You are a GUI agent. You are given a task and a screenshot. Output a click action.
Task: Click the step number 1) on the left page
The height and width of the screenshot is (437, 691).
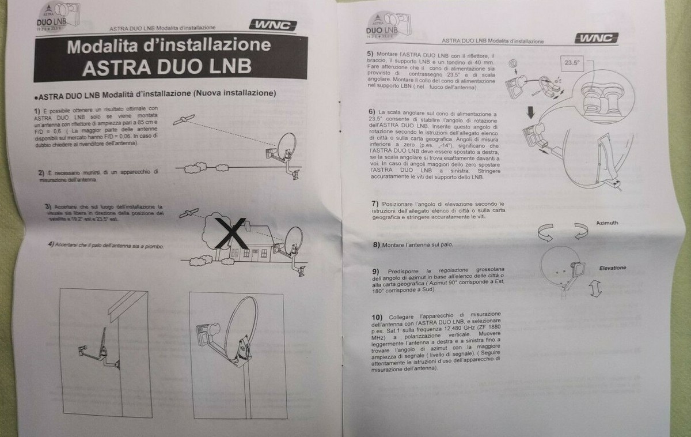(37, 109)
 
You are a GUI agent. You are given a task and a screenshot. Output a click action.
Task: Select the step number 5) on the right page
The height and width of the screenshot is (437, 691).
(370, 53)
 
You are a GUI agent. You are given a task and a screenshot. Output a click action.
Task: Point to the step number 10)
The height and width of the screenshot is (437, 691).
(377, 318)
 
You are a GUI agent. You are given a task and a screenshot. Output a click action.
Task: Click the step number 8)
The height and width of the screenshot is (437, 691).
(375, 244)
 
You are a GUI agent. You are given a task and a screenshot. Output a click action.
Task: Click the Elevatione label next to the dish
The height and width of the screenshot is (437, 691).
(612, 268)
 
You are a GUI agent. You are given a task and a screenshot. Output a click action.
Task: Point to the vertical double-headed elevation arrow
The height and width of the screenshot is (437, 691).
(595, 287)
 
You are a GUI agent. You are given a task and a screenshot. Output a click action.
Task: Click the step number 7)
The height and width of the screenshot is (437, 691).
(375, 204)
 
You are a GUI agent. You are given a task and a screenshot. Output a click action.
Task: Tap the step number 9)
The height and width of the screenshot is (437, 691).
(375, 271)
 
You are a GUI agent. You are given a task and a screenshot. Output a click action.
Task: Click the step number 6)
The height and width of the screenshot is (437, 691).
(372, 111)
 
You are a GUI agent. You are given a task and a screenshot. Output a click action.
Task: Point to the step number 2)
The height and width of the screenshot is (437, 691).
(41, 172)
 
